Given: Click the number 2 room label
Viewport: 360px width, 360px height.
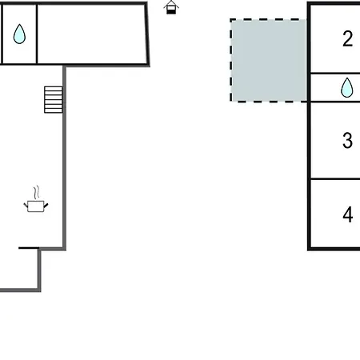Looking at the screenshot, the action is point(348,39).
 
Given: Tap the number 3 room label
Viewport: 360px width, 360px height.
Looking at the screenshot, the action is point(347,140).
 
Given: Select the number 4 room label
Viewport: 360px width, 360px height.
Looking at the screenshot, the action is point(348,214).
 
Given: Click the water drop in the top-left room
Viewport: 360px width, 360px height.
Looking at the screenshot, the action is point(19,34).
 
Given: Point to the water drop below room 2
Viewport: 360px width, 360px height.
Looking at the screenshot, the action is point(347,87).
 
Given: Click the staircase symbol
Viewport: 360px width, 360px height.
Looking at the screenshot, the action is point(54,99).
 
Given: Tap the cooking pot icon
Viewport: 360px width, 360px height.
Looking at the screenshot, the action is point(36,206).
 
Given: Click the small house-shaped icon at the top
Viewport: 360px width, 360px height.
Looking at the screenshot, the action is point(171,7).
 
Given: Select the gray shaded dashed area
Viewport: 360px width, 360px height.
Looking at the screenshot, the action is point(268,60).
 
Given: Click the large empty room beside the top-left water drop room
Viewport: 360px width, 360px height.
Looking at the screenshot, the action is point(91,34).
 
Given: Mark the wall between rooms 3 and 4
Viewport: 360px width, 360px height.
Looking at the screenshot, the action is point(335,179).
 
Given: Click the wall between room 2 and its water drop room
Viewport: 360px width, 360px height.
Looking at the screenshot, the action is point(335,73).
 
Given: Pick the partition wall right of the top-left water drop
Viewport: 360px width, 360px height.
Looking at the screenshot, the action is point(37,34).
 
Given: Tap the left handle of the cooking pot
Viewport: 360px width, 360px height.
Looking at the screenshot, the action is point(26,206).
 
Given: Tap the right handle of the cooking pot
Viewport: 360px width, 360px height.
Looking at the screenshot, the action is point(46,206).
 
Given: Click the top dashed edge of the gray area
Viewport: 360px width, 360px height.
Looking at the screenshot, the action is point(268,19).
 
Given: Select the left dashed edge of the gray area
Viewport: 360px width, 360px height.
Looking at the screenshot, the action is point(231,60).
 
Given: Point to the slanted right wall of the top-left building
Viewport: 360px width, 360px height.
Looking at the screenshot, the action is point(147,34).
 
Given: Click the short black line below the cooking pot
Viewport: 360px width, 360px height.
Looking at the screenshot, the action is point(29,248).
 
